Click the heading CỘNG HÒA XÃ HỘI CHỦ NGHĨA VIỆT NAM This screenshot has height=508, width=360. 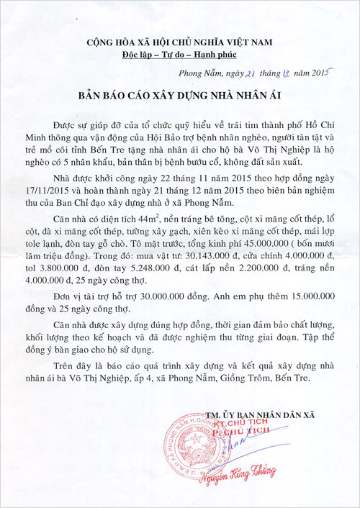coord(180,41)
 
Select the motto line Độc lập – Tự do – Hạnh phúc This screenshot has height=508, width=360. coord(180,54)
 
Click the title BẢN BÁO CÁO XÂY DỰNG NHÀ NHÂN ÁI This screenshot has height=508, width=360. coord(181,96)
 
